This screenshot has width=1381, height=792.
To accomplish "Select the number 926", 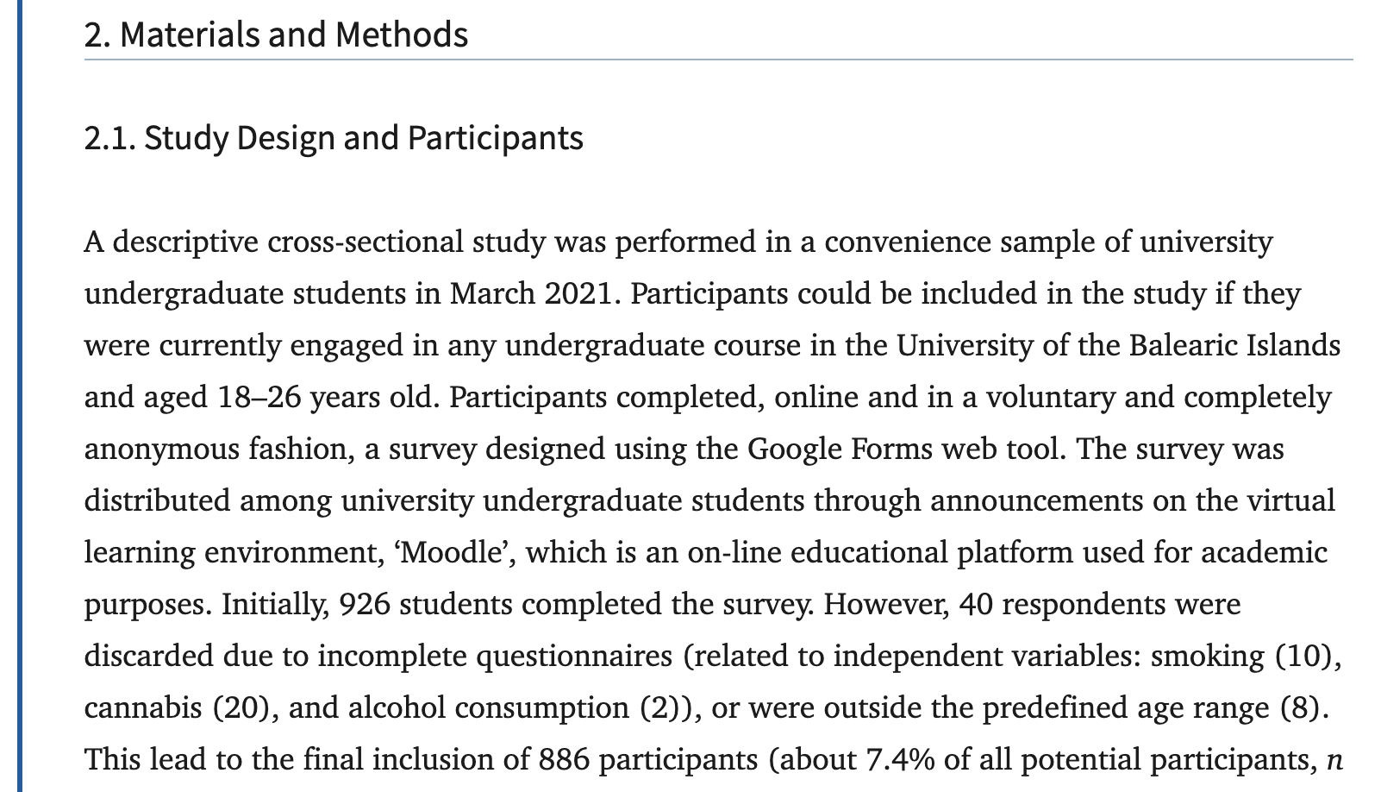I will click(x=366, y=604).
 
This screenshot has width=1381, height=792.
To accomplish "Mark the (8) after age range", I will click(x=1297, y=708).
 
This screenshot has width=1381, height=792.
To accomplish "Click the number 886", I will click(x=564, y=760).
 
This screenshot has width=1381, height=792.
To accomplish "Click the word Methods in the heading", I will click(x=402, y=35).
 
